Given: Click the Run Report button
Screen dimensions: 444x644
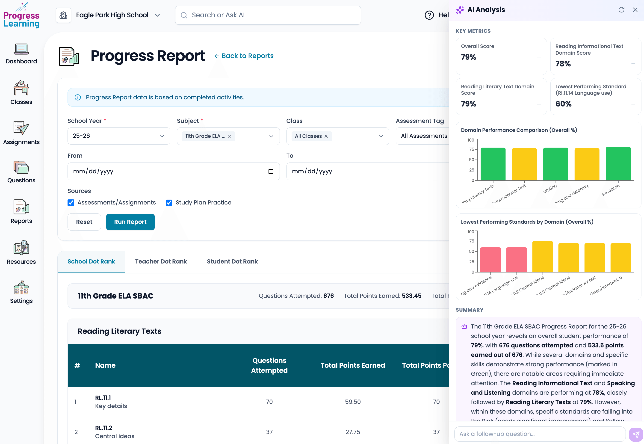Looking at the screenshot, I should tap(130, 222).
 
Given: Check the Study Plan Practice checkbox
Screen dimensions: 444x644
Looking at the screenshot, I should tap(169, 203).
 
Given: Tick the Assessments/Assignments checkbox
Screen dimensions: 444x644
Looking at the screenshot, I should tap(71, 203).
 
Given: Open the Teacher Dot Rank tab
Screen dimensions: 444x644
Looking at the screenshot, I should tap(161, 261).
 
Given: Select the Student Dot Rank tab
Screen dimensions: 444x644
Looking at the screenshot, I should tap(232, 261).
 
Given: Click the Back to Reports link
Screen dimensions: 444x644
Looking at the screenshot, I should tap(244, 56).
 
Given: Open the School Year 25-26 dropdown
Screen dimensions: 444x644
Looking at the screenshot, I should tap(119, 136).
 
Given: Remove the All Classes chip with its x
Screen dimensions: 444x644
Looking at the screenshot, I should tap(326, 136).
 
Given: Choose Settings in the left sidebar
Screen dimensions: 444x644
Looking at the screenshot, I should tap(21, 292).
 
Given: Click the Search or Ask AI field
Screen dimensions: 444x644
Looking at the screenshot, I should tap(268, 15).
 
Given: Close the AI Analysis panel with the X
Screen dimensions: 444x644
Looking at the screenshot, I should tap(635, 10).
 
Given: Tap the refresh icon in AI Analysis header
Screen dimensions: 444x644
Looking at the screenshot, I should tap(621, 10).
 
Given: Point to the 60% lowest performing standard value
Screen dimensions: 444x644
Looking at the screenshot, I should tap(563, 104).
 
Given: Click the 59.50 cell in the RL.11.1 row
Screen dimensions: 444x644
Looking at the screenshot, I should tap(353, 402).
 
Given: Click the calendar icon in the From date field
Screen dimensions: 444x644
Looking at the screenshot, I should tap(271, 171).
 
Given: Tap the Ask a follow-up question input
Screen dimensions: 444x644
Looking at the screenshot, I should tap(539, 434).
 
